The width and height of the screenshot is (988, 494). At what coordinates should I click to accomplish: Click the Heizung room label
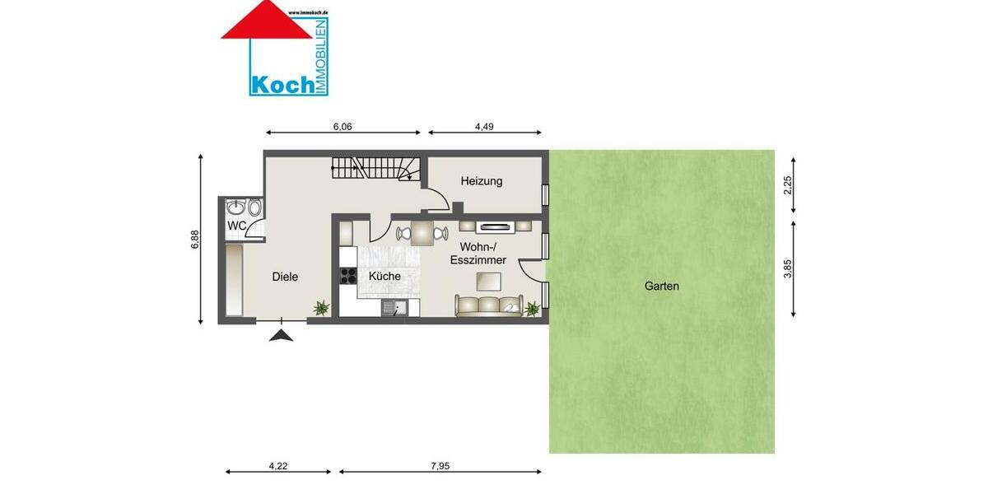coord(482,181)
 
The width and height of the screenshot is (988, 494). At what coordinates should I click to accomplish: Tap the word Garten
coord(662,287)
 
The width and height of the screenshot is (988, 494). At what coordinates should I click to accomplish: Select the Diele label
coord(285,277)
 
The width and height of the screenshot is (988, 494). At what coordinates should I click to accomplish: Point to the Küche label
coord(384,276)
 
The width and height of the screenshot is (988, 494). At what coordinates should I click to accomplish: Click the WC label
coord(236,226)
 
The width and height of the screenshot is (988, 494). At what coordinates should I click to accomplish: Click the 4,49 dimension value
coord(484,127)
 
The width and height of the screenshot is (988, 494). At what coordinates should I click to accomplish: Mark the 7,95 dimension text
coord(440,466)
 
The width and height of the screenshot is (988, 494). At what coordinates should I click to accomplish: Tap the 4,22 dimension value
coord(278,466)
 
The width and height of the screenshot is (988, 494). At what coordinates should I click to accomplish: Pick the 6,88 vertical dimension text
coord(195,239)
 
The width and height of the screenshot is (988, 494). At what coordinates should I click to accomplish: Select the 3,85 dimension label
coord(787,269)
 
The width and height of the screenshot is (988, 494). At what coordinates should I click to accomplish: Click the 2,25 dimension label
coord(787,185)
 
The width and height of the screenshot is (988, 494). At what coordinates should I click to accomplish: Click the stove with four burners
coord(347,277)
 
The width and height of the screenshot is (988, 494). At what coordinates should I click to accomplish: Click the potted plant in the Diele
coord(320,308)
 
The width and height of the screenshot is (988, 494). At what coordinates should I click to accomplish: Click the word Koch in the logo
coord(282,84)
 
